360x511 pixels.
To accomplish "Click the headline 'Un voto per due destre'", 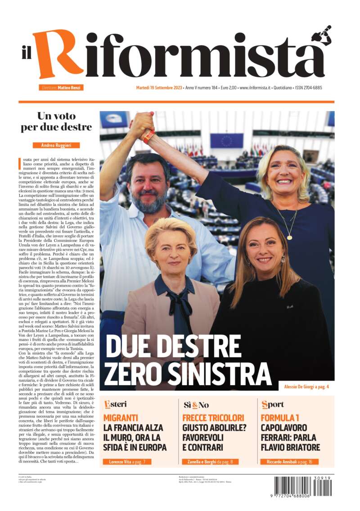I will tap(56, 121).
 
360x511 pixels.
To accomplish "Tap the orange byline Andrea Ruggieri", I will tap(56, 145).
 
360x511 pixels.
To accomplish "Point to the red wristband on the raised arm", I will tap(149, 135).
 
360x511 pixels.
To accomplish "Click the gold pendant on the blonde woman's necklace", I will tap(290, 237).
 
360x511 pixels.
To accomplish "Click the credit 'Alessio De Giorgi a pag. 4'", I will tap(306, 387).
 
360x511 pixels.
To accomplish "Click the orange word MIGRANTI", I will tap(121, 417).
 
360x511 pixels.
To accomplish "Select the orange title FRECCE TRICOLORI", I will tap(213, 417).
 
